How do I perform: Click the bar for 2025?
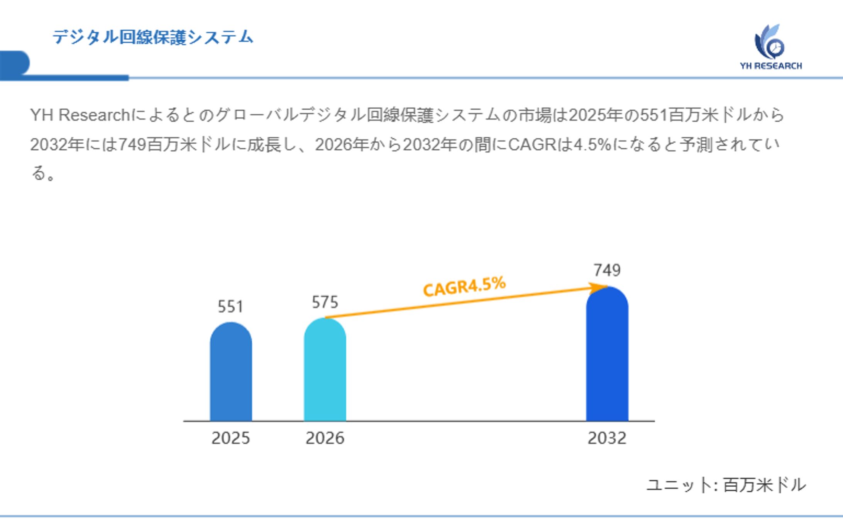[x=231, y=373]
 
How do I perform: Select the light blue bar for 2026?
[x=325, y=371]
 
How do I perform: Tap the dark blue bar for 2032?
[x=607, y=355]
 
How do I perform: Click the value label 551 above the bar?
[x=230, y=307]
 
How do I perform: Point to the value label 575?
[x=325, y=302]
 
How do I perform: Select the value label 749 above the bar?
[x=607, y=270]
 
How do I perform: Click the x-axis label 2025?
[x=230, y=438]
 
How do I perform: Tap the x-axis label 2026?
[x=325, y=438]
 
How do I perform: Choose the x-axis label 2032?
[x=607, y=438]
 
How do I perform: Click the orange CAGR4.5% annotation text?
[x=464, y=286]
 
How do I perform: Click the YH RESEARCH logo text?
[x=770, y=66]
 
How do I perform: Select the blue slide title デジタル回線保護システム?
[x=153, y=37]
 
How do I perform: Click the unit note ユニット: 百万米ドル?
[x=726, y=485]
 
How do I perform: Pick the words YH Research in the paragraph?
[x=80, y=115]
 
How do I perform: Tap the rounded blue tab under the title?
[x=15, y=63]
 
